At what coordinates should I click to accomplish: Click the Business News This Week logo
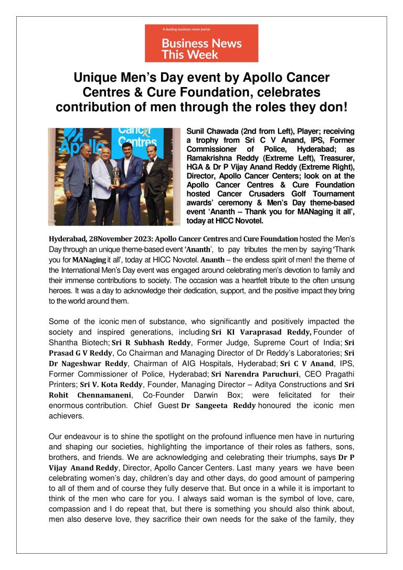pyautogui.click(x=201, y=43)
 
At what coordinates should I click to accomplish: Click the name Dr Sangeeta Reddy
pyautogui.click(x=218, y=406)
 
